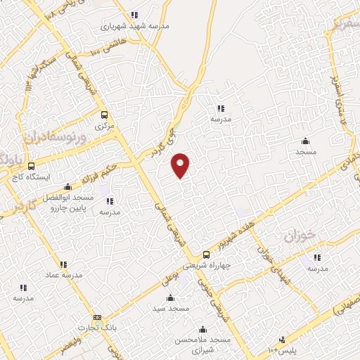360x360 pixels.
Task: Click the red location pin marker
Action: (181, 165)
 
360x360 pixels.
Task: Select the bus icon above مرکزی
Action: (104, 115)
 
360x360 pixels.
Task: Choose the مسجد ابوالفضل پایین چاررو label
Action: (67, 202)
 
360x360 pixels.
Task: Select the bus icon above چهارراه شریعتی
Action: (206, 255)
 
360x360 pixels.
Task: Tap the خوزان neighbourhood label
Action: (298, 236)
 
